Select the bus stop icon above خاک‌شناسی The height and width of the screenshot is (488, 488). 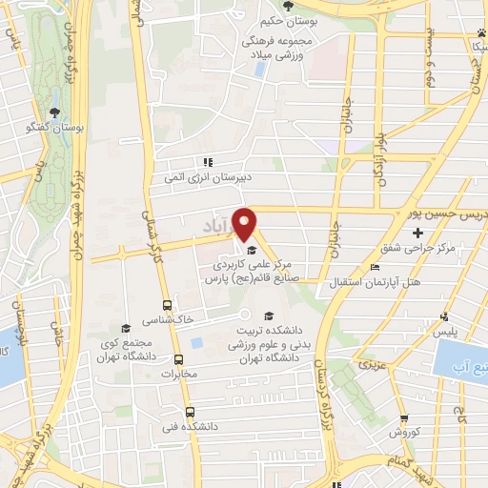click(168, 306)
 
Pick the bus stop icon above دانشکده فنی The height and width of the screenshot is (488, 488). click(190, 411)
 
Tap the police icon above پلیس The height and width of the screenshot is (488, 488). click(443, 315)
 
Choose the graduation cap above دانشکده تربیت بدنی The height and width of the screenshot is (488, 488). click(269, 315)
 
